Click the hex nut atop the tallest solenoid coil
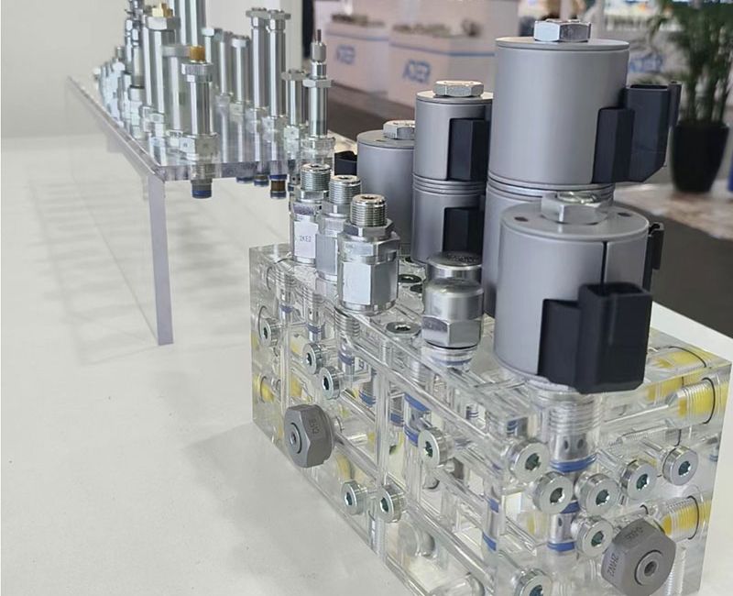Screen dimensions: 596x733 click(561, 30)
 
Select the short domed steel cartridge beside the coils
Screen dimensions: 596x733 click(453, 303)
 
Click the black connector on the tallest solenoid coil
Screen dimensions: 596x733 click(637, 128)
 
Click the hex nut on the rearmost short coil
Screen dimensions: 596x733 click(399, 130)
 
